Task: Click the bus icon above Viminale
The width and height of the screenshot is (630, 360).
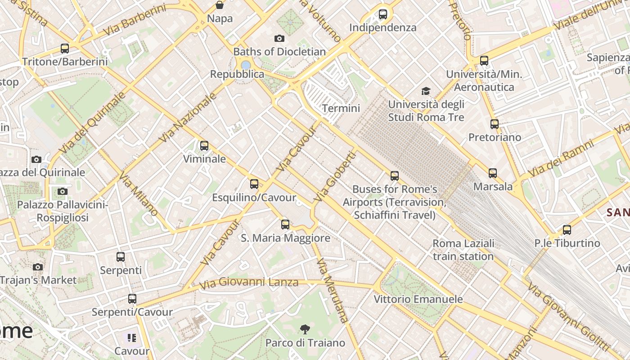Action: click(x=204, y=145)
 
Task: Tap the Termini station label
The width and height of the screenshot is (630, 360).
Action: click(x=341, y=108)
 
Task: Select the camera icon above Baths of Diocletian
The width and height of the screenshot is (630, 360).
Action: click(x=279, y=39)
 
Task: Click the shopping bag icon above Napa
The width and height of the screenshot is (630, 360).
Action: click(x=220, y=5)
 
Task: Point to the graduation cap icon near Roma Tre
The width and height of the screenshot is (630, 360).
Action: click(x=426, y=91)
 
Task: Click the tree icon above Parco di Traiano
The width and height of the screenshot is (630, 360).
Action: click(x=305, y=329)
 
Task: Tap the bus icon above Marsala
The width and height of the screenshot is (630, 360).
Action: click(x=493, y=173)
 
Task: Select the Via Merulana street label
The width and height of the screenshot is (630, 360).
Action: click(x=333, y=290)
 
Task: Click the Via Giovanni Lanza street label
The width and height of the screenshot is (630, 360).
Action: click(x=249, y=283)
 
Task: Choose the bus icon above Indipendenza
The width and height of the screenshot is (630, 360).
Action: click(x=383, y=14)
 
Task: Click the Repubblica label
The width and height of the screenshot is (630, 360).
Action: click(x=237, y=74)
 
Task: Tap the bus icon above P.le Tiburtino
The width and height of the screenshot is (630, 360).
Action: click(x=567, y=230)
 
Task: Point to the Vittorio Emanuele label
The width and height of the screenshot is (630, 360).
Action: click(x=418, y=299)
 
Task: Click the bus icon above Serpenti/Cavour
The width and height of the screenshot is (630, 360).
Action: click(x=132, y=298)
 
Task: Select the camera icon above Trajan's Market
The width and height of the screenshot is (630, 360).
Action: click(x=38, y=267)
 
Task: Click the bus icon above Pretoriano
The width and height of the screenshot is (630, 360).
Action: click(x=495, y=124)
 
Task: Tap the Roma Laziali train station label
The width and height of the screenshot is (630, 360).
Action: click(x=463, y=250)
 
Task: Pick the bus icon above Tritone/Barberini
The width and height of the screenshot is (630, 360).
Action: click(x=65, y=49)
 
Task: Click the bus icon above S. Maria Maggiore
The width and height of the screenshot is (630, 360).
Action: click(x=285, y=224)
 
